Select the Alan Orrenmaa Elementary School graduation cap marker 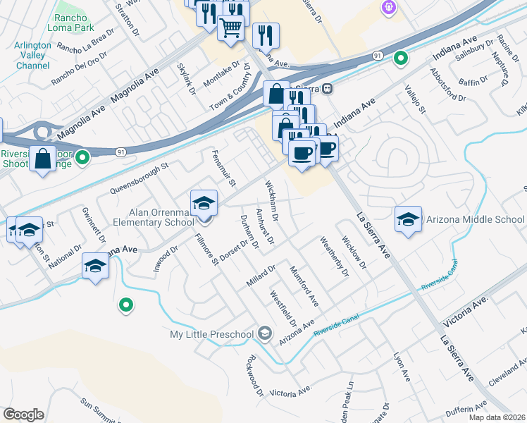coord(204,203)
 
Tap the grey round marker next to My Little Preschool coord(265,333)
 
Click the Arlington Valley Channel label coord(32,55)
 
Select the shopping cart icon coord(230,29)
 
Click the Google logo coord(23,415)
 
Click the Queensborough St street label coord(140,179)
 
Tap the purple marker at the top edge coord(387,7)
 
